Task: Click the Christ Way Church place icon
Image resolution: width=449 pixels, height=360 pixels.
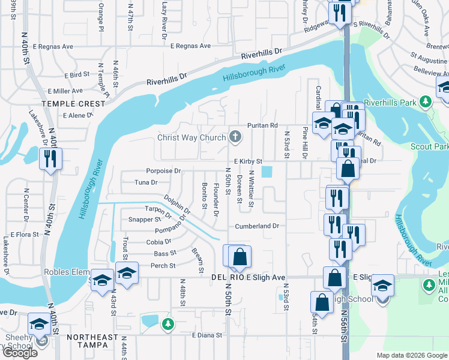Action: click(x=235, y=138)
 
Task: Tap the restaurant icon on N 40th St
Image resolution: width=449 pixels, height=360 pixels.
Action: click(x=50, y=159)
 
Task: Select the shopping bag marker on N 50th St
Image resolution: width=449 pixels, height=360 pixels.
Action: click(x=240, y=257)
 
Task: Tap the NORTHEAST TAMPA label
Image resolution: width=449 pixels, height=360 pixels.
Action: click(x=92, y=337)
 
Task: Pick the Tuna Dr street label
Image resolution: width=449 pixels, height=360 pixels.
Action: click(x=146, y=182)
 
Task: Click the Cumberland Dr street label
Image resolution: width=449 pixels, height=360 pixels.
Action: click(x=257, y=226)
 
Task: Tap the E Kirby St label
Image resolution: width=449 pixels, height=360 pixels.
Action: click(x=248, y=161)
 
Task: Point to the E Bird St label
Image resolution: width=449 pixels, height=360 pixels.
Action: click(x=76, y=76)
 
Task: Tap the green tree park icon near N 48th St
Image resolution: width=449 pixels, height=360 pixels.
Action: click(x=170, y=324)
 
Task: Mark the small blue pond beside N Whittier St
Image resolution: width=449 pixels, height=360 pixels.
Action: click(x=267, y=172)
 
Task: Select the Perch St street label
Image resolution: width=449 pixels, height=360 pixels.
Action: click(x=163, y=266)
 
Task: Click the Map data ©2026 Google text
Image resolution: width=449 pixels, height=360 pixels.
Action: click(x=411, y=355)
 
